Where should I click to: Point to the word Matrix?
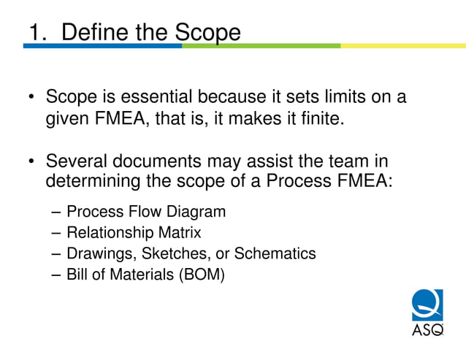coord(180,233)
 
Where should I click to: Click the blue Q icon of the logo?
coord(427,305)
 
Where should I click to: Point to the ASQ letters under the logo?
coord(427,330)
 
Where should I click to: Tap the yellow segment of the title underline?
coord(402,46)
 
